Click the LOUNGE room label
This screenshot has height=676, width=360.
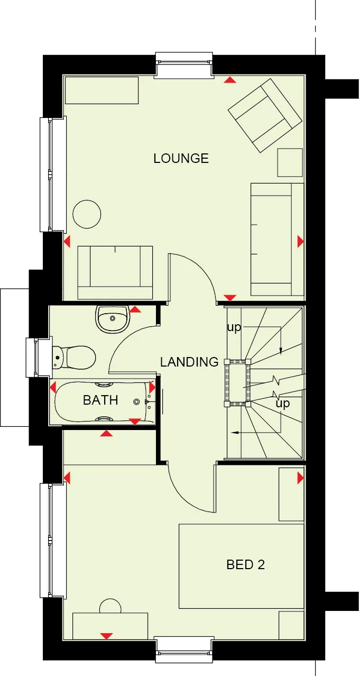click(181, 158)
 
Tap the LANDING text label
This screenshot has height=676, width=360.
click(189, 362)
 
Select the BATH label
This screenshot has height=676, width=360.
click(100, 400)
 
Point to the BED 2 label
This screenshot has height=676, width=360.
click(245, 564)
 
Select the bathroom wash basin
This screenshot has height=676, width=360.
click(112, 319)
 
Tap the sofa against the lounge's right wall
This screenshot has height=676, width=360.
click(277, 239)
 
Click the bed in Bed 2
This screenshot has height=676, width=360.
click(241, 566)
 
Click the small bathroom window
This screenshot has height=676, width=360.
click(32, 358)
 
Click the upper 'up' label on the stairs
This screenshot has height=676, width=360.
click(234, 327)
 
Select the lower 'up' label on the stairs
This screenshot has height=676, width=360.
click(283, 404)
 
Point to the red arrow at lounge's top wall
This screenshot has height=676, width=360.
click(230, 80)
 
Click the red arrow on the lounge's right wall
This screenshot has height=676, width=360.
click(300, 242)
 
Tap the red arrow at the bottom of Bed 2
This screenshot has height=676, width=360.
click(106, 636)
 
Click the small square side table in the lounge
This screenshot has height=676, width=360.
click(290, 162)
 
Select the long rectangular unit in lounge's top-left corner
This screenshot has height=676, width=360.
click(101, 90)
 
